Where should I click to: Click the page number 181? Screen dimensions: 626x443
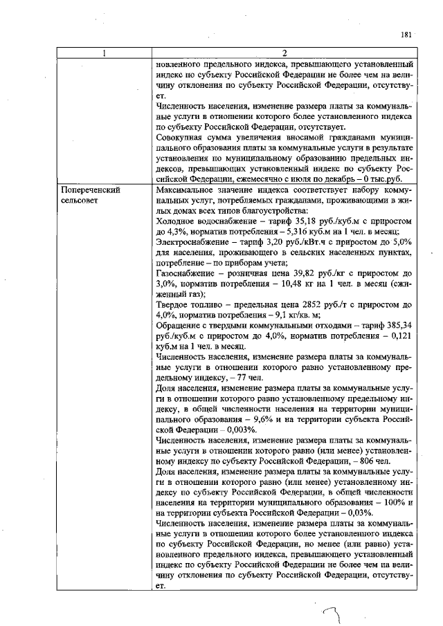[x=406, y=35]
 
